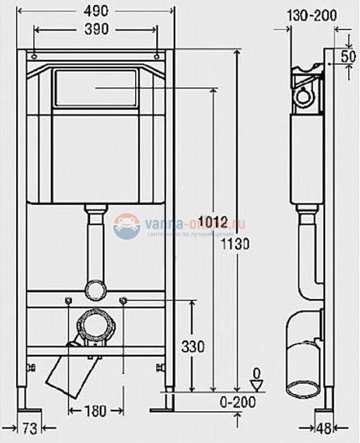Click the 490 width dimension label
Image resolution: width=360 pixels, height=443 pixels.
[x=96, y=10]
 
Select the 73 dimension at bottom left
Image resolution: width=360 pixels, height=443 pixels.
[x=27, y=427]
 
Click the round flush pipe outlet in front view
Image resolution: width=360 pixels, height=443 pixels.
[x=95, y=288]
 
